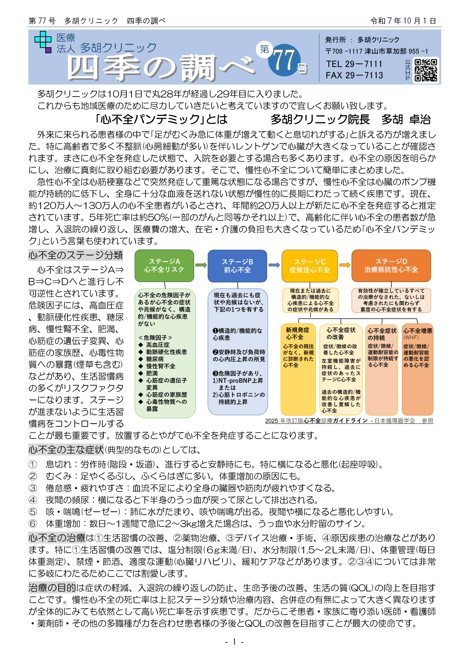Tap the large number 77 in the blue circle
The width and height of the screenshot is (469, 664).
click(x=284, y=60)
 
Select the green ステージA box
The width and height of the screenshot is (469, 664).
click(x=164, y=266)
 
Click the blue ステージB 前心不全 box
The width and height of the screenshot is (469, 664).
click(x=237, y=266)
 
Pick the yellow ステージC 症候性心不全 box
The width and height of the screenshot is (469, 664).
click(x=309, y=266)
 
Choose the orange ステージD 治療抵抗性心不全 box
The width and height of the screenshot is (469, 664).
click(x=391, y=266)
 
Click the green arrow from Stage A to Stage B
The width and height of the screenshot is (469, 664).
click(x=201, y=265)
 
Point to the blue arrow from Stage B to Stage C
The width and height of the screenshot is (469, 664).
click(x=274, y=265)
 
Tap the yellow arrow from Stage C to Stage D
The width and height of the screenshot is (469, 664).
click(x=344, y=265)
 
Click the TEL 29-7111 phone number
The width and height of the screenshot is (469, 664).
click(x=354, y=64)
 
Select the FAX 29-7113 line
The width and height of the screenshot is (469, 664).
click(x=354, y=75)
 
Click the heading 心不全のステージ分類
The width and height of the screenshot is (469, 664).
click(x=75, y=255)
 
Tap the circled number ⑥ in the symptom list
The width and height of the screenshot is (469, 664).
click(x=33, y=523)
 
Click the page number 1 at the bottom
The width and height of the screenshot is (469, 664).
click(x=234, y=642)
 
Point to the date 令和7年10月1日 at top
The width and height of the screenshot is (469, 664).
click(x=403, y=21)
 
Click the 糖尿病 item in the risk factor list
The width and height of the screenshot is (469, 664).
click(x=155, y=359)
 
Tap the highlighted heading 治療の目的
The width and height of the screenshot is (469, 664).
click(x=52, y=588)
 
